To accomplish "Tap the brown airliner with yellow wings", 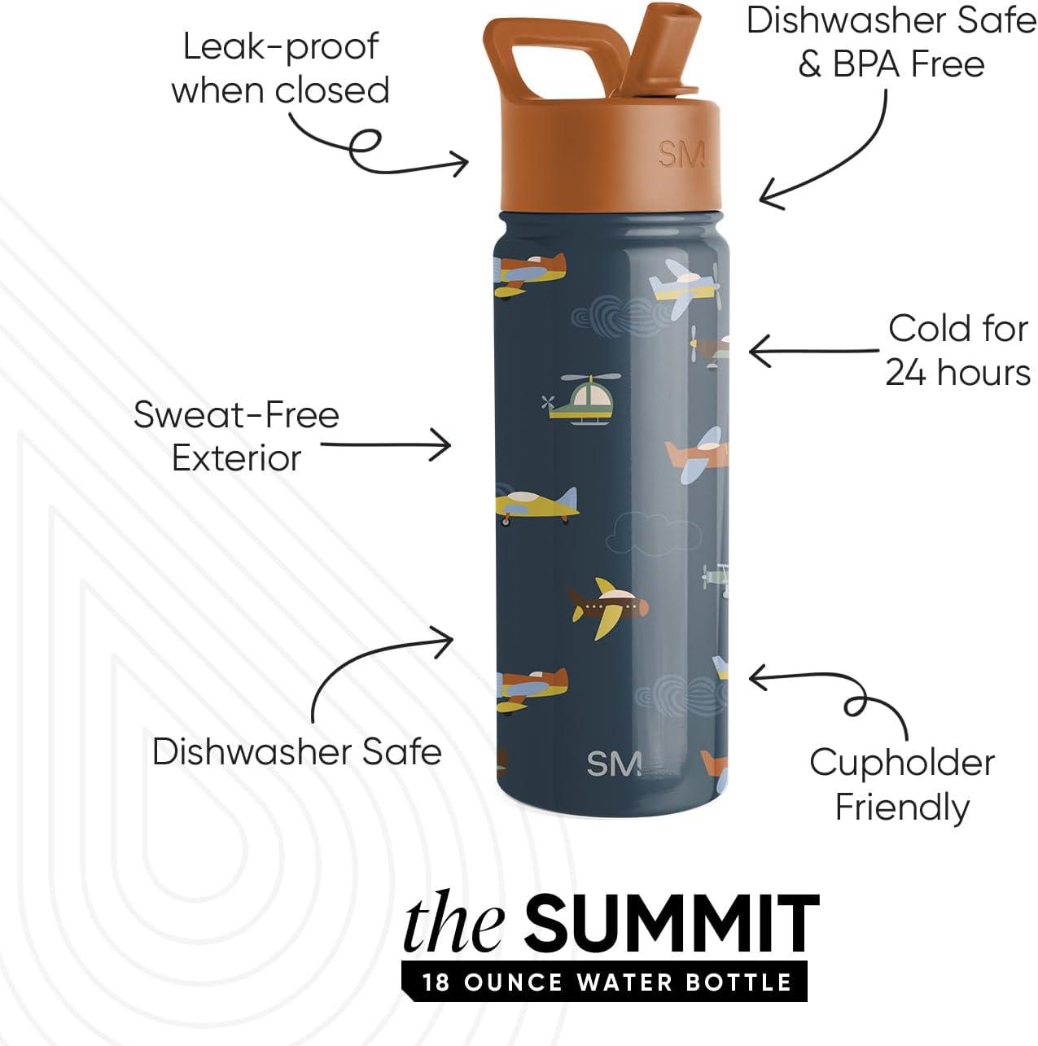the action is point(608,608).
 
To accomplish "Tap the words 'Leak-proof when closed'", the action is point(281,68).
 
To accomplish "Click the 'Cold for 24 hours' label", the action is point(957,351).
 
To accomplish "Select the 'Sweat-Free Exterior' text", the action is point(236,437).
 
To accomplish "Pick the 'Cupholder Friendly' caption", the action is point(902,785).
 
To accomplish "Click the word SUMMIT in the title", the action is point(672,917).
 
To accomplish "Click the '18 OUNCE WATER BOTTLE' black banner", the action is point(604,967).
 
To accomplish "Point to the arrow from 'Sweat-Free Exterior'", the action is point(385,445).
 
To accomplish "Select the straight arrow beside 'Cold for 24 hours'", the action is point(813,351).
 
